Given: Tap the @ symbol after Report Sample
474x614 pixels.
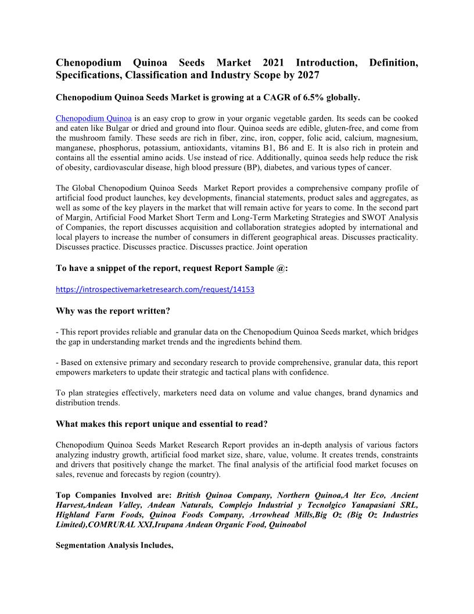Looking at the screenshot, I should click(283, 268).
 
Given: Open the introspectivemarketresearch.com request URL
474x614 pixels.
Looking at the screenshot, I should click(155, 289).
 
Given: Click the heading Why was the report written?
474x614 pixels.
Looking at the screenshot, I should click(113, 311).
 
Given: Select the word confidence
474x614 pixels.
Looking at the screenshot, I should click(310, 372).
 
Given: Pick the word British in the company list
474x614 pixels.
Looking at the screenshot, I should click(191, 495).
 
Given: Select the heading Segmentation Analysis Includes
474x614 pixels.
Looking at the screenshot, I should click(115, 546).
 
